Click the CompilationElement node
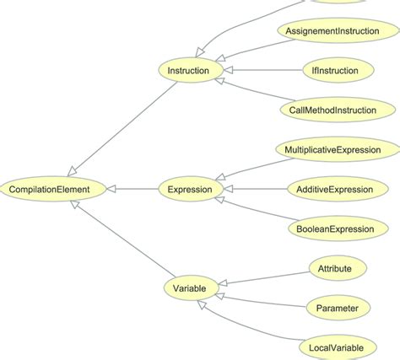(56, 190)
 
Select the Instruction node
(189, 71)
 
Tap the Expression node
(190, 190)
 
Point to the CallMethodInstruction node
(338, 110)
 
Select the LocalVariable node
(338, 347)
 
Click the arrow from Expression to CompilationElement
(135, 190)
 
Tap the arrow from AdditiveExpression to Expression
(253, 190)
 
